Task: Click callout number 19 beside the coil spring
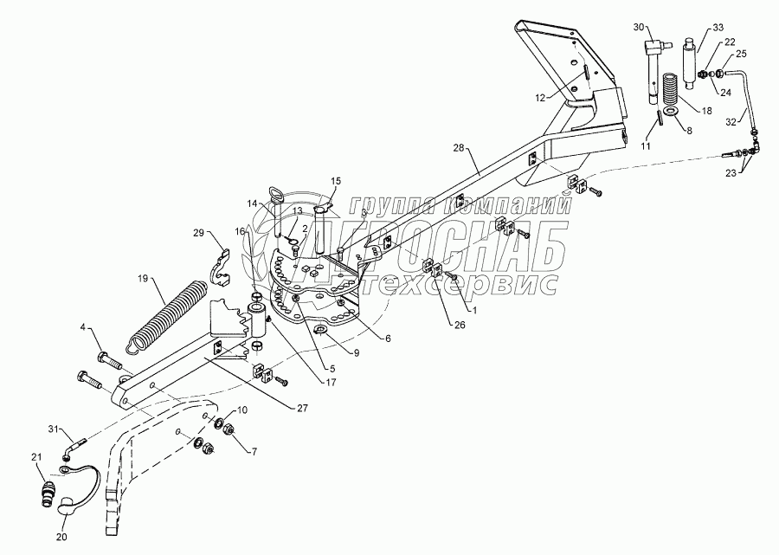tap(145, 280)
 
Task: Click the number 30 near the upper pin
tap(640, 29)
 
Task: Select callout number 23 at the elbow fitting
tap(734, 172)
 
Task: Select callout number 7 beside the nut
tap(254, 451)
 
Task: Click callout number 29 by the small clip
tap(198, 234)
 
